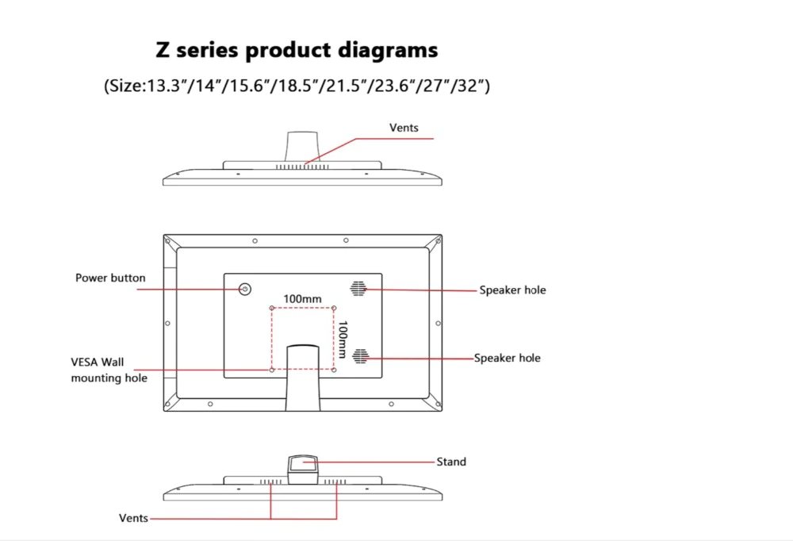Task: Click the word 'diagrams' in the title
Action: click(x=388, y=51)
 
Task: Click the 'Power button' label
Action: click(x=110, y=278)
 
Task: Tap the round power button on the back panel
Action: click(x=245, y=289)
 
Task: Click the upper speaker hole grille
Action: click(x=358, y=289)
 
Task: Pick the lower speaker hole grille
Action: click(x=360, y=356)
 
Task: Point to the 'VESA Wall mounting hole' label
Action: click(x=109, y=370)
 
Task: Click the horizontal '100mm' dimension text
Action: click(x=302, y=299)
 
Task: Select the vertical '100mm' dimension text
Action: click(x=343, y=339)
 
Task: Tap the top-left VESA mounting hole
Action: click(x=271, y=308)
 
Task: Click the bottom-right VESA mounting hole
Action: click(x=334, y=370)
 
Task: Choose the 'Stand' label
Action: click(x=451, y=462)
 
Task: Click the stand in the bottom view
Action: click(x=303, y=469)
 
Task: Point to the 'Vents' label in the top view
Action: click(x=404, y=128)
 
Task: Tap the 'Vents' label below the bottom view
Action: click(x=133, y=518)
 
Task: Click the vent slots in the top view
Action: click(x=302, y=167)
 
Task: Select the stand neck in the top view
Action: click(x=302, y=147)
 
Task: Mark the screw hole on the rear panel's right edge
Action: click(x=438, y=324)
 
